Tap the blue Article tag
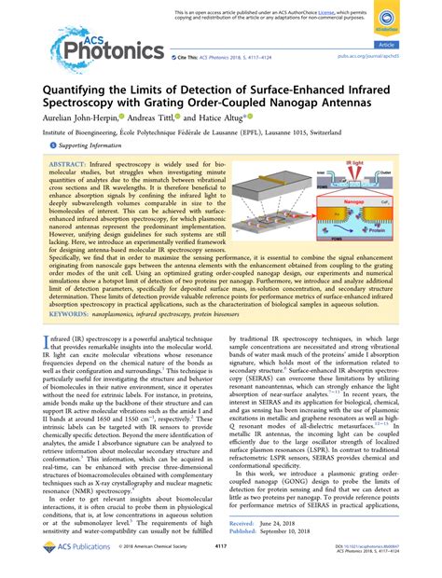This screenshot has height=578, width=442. click(x=409, y=44)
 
